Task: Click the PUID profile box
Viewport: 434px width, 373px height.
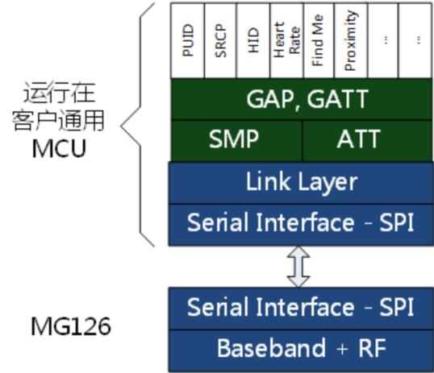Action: click(x=188, y=40)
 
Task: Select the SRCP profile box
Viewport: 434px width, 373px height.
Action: click(x=220, y=40)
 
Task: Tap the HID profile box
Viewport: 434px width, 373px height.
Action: click(x=253, y=40)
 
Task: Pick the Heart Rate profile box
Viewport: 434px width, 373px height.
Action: click(x=286, y=40)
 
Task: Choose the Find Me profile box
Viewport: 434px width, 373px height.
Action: click(x=319, y=40)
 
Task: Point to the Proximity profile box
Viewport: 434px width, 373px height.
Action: click(x=351, y=40)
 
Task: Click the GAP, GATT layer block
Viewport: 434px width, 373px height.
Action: click(x=302, y=99)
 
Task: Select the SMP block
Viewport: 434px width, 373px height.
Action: click(x=236, y=140)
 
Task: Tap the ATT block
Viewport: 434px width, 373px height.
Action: click(x=367, y=140)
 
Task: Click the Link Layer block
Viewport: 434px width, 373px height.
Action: click(x=301, y=183)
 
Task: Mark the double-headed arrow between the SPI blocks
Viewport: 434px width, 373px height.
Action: click(x=298, y=267)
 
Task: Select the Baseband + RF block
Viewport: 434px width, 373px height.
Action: click(x=301, y=350)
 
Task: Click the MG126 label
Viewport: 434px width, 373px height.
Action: click(x=71, y=326)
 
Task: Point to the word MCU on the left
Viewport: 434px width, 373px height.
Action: click(x=59, y=148)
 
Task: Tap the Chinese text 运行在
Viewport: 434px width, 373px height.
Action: click(x=59, y=93)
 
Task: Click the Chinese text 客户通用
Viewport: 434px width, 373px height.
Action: click(x=58, y=120)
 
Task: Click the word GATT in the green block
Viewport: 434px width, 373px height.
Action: click(x=338, y=99)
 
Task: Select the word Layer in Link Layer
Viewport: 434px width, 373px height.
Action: click(x=328, y=183)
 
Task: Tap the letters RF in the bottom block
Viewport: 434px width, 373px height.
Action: click(x=372, y=348)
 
